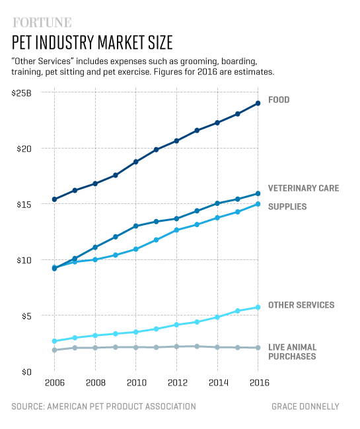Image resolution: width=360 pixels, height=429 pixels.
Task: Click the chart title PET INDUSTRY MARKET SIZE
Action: point(92,43)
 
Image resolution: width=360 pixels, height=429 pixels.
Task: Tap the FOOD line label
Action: point(279,100)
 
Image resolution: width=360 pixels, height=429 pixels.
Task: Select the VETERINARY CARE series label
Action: point(303,188)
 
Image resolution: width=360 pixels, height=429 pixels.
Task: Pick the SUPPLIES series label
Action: point(287,207)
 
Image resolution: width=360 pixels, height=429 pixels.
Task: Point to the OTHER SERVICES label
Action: point(301,305)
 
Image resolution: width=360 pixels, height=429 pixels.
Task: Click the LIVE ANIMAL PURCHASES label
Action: point(292,352)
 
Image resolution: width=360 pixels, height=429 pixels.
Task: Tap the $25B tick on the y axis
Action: point(21,92)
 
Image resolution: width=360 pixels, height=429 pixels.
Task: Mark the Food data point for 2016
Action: point(258,103)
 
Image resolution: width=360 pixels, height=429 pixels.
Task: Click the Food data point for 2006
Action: point(54,199)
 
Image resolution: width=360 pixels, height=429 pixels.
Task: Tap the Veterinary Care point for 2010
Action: point(135,226)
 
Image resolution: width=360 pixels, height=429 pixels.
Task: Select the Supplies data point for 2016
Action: point(258,205)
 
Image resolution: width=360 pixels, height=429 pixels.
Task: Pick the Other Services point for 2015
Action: point(238,311)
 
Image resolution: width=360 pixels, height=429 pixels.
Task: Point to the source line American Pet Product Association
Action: point(104,407)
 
